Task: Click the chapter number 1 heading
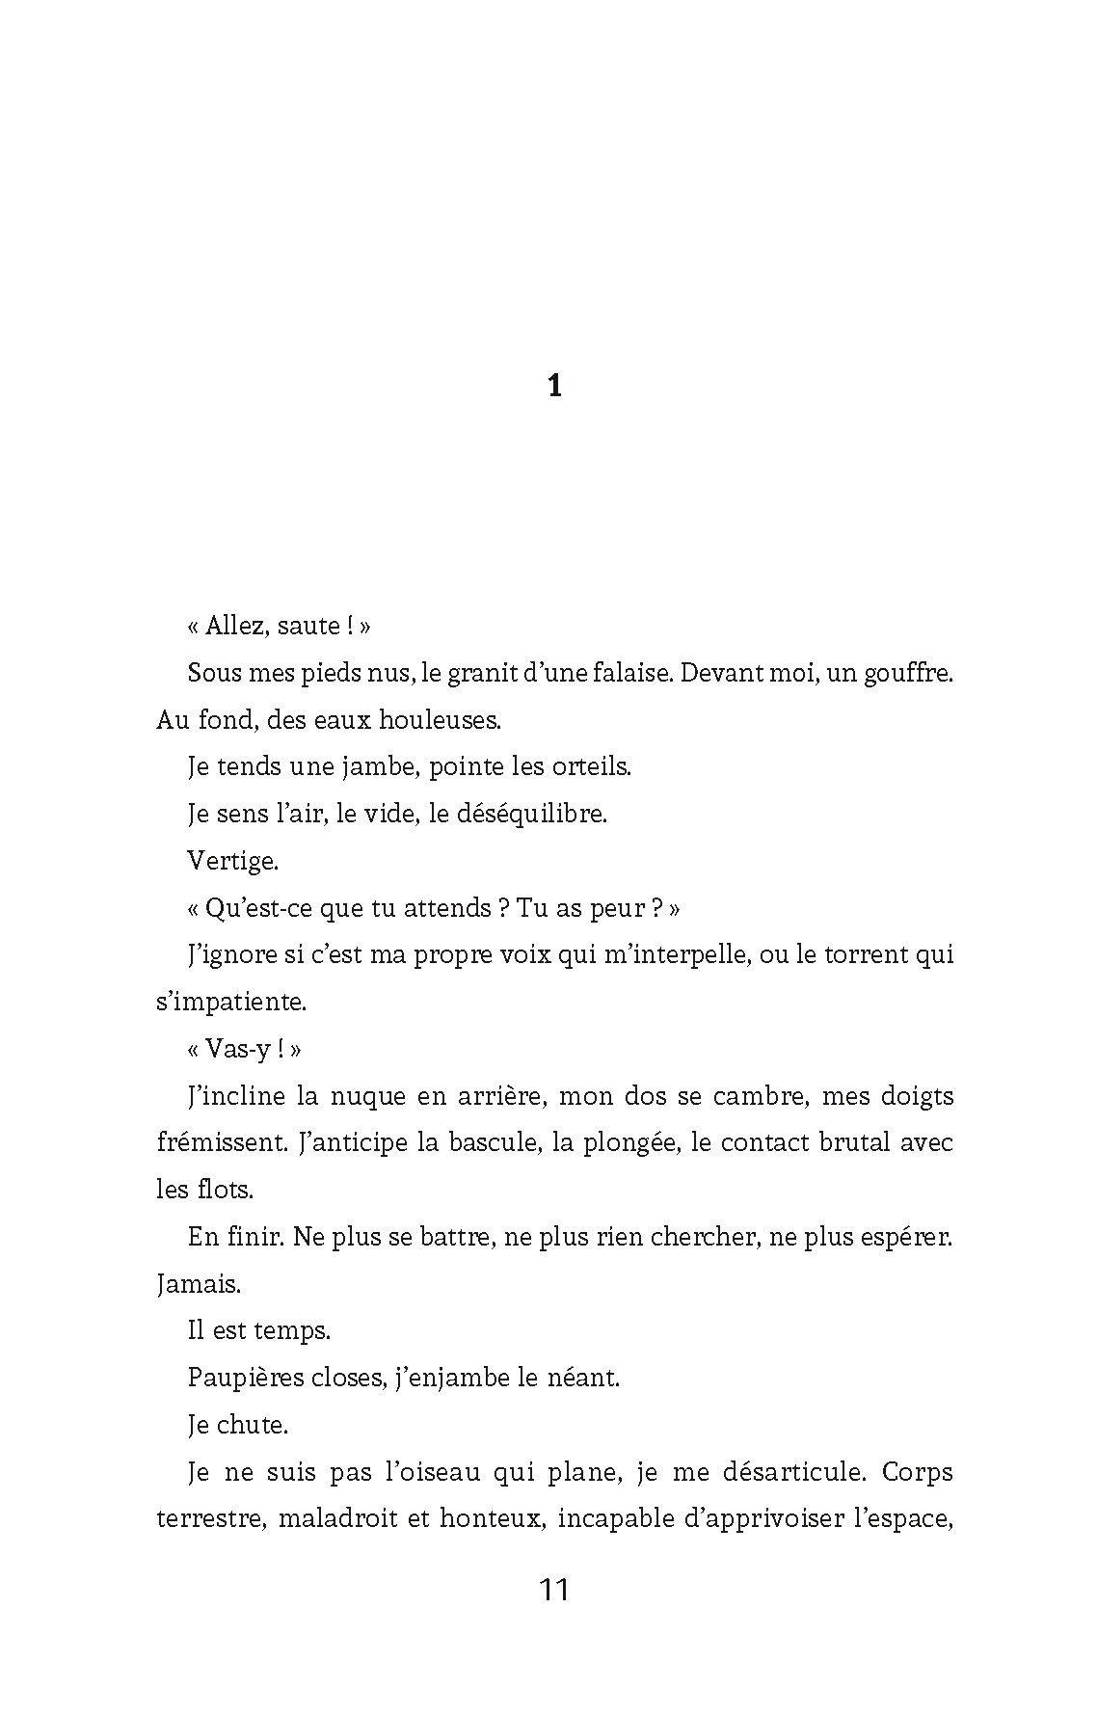click(554, 387)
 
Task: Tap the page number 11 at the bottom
click(554, 1588)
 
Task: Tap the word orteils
click(591, 766)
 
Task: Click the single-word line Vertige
click(232, 860)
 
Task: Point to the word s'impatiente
click(230, 1002)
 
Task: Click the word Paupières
click(239, 1378)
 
